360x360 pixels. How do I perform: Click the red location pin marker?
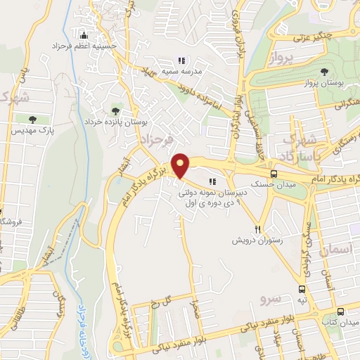(x=181, y=166)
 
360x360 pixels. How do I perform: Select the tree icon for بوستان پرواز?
(x=323, y=72)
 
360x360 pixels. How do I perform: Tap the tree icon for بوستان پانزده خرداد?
(x=116, y=111)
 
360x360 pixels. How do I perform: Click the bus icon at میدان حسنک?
(x=274, y=174)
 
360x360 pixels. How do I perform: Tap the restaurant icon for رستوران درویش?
(x=259, y=229)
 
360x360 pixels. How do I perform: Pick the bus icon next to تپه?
(x=302, y=289)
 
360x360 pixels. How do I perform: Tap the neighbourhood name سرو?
(x=270, y=298)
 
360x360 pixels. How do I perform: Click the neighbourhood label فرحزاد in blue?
(x=156, y=141)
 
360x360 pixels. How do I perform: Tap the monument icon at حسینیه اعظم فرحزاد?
(x=84, y=36)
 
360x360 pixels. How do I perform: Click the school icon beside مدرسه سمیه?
(x=181, y=60)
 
